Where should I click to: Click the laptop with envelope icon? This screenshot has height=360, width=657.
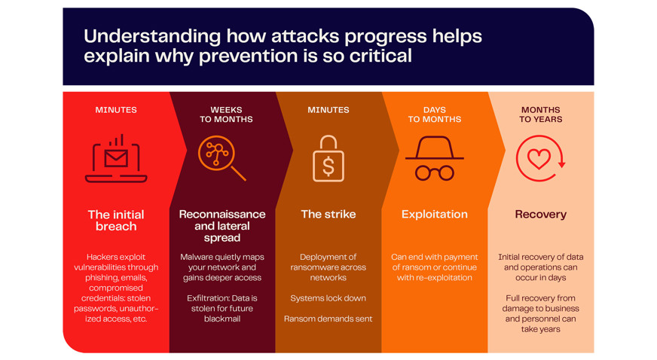coord(116,159)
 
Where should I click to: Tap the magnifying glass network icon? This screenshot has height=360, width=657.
coord(222,158)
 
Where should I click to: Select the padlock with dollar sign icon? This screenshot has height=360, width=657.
coord(328,159)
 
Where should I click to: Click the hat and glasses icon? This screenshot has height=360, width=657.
coord(435,159)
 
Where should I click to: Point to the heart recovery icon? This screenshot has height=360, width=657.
coord(540,158)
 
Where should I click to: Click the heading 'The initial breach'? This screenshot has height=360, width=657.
coord(116,220)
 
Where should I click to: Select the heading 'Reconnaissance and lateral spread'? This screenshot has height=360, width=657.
coord(222,226)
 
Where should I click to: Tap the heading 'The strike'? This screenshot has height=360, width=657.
coord(328,215)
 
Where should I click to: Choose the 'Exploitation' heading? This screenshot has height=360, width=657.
coord(435,215)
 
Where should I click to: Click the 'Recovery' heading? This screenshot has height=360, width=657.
coord(540,215)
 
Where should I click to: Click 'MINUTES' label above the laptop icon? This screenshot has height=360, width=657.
coord(116,110)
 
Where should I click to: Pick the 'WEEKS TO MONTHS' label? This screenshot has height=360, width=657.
coord(226,114)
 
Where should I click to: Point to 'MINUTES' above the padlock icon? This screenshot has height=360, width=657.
coord(328,110)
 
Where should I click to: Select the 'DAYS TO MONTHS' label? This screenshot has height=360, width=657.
coord(435,114)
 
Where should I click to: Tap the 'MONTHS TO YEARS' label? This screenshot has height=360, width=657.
coord(540,114)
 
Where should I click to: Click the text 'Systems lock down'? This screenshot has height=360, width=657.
coord(328,298)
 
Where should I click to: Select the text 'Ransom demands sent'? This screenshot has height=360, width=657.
coord(328,319)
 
